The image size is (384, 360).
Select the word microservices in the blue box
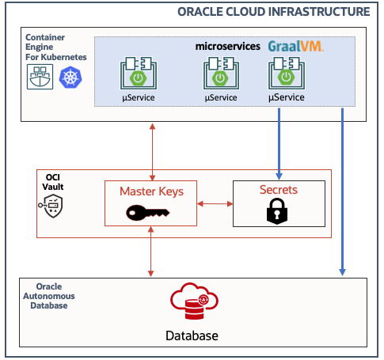point(228,47)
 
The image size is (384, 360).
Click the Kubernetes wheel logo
point(70,76)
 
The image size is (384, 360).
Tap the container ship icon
point(40,76)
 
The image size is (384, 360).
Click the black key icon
point(150,212)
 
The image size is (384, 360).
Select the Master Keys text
point(150,191)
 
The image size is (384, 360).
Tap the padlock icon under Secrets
point(277,211)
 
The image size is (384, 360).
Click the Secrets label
point(278,190)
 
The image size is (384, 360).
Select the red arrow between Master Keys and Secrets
point(214,204)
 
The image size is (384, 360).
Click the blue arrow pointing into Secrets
point(279,142)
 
